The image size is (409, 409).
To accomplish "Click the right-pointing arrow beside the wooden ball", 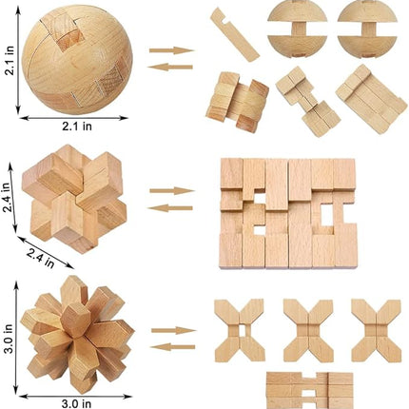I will (171, 49).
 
